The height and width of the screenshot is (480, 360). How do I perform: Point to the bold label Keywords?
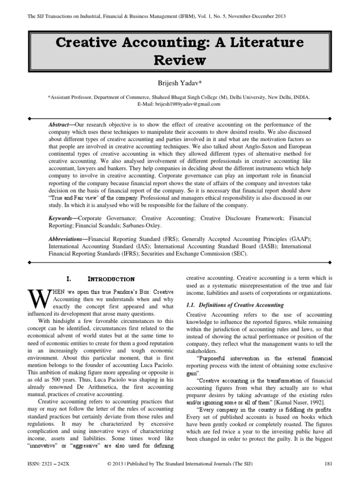pyautogui.click(x=63, y=218)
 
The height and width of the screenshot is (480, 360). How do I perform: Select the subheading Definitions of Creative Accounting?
pyautogui.click(x=241, y=305)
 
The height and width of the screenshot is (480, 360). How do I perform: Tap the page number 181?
pyautogui.click(x=328, y=464)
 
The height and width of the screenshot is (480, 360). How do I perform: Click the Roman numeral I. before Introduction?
pyautogui.click(x=69, y=279)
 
